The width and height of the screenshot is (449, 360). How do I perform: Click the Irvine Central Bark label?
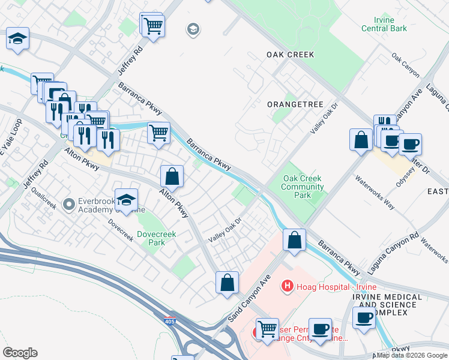384,24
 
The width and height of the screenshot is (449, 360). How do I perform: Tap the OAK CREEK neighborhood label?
291,55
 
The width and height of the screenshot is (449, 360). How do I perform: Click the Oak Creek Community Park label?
303,187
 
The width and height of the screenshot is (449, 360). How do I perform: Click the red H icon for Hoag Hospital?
288,287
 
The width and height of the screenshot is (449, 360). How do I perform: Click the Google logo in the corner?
20,353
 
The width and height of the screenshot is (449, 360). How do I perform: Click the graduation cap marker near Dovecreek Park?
126,200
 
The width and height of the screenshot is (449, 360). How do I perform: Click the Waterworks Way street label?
374,191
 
